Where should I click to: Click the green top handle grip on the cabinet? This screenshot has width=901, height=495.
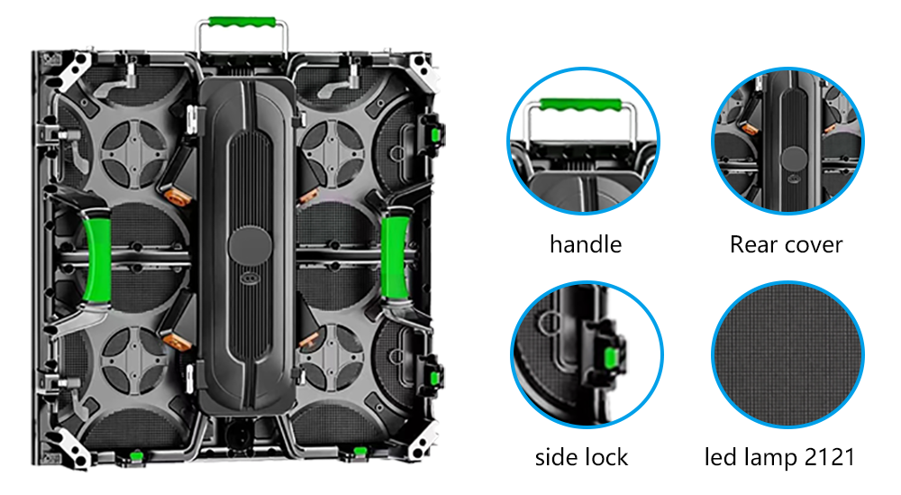tap(241, 22)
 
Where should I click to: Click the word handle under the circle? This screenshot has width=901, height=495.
tap(586, 244)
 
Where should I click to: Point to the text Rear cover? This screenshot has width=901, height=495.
tap(786, 244)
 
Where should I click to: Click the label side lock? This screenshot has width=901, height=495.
tap(581, 458)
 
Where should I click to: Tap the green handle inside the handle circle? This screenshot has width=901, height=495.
tap(581, 105)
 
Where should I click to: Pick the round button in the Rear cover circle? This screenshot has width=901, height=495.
tap(794, 160)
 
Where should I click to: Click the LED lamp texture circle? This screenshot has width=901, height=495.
tap(787, 354)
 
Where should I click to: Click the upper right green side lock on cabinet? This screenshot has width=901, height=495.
tap(435, 134)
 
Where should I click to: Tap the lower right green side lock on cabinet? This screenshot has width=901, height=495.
tap(435, 379)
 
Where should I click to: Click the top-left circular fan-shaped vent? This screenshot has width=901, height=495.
tap(134, 153)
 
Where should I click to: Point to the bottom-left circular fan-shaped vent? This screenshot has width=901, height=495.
tap(134, 360)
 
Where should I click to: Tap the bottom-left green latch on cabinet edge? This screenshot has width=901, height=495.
tap(136, 456)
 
